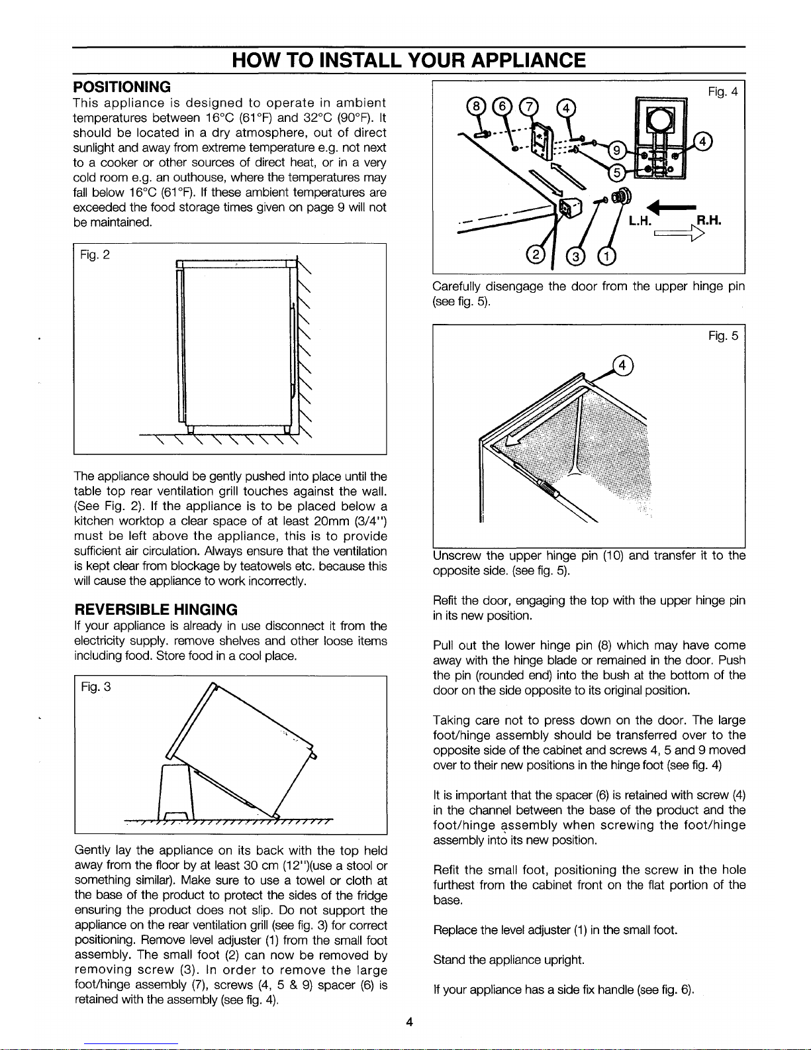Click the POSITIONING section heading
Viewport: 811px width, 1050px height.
(x=122, y=87)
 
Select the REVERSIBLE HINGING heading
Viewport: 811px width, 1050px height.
(x=155, y=609)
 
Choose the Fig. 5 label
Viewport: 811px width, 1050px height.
(x=722, y=337)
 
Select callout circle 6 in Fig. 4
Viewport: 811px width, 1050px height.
(x=505, y=107)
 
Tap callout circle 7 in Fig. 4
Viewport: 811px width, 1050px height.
(x=529, y=107)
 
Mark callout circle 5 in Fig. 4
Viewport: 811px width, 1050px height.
(x=616, y=174)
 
